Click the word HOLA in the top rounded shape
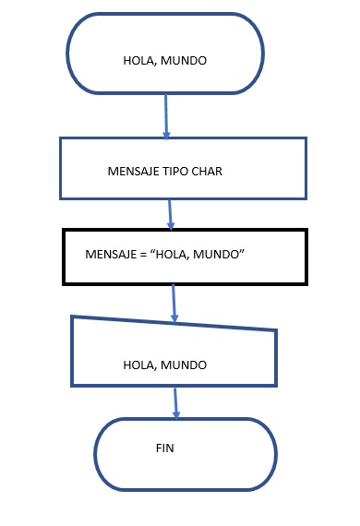[138, 61]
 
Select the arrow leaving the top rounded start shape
[166, 115]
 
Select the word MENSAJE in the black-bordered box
[105, 254]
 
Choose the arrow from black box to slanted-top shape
[174, 304]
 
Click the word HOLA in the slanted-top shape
[138, 365]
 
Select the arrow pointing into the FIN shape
[176, 402]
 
